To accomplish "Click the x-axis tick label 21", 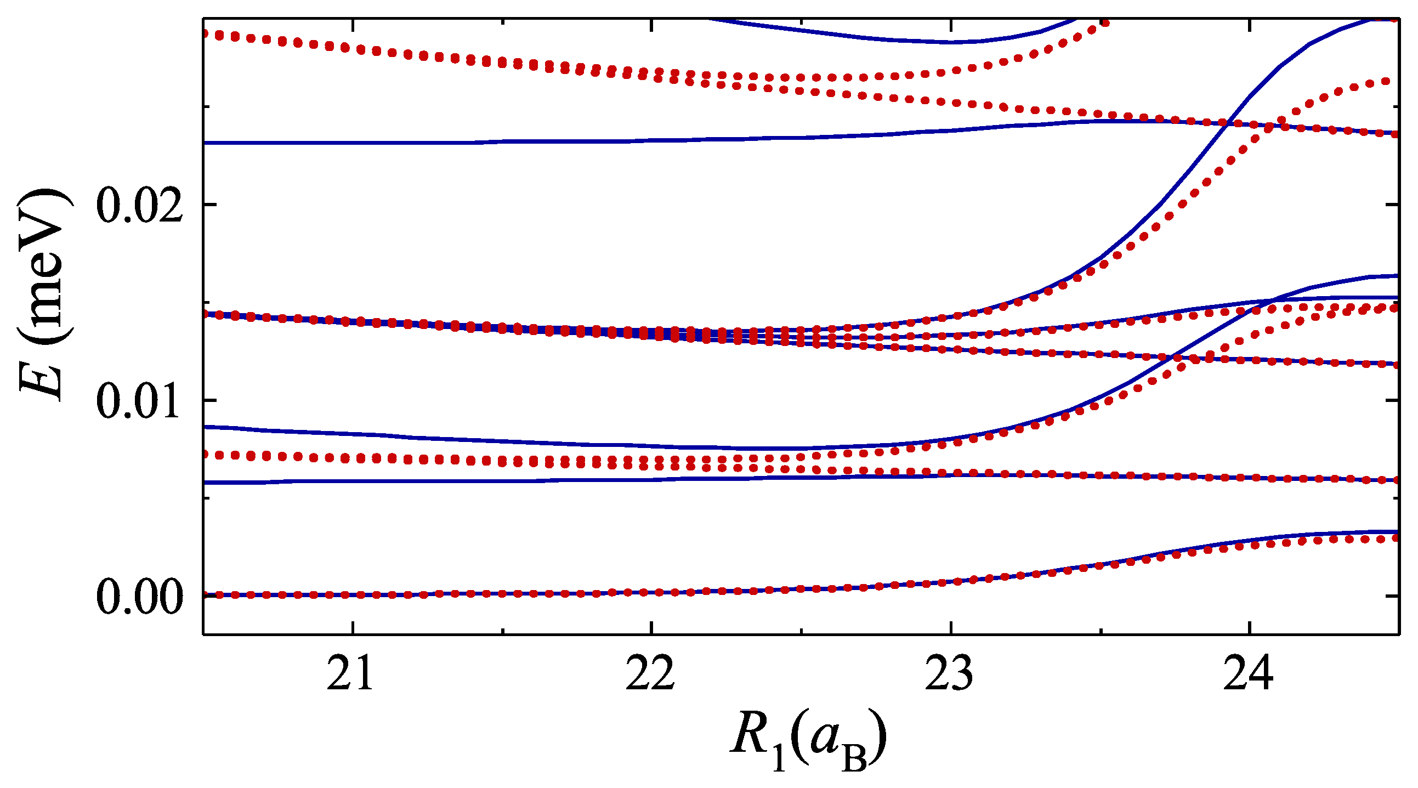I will tap(349, 676).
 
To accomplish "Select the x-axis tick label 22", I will tap(650, 676).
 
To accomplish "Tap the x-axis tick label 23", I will tap(949, 676).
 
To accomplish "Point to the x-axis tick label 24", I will tap(1249, 676).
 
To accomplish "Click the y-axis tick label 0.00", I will tap(139, 598).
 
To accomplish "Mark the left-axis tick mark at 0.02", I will tap(209, 205).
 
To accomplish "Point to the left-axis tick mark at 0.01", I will tap(209, 400).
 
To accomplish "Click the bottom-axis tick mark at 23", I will tap(950, 628).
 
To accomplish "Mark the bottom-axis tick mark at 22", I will tap(651, 628).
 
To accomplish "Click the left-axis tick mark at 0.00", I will tap(209, 596).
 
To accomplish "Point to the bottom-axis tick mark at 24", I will tap(1249, 628).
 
